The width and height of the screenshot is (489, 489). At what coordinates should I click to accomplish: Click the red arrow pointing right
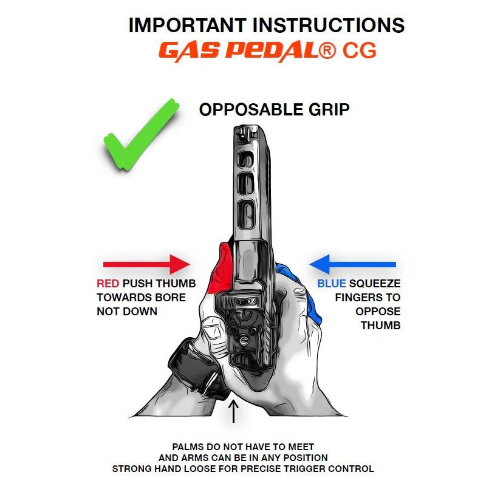tap(146, 264)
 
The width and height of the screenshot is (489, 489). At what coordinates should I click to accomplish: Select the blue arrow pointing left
tap(352, 264)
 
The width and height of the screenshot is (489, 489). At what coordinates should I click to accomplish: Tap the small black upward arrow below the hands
tap(233, 412)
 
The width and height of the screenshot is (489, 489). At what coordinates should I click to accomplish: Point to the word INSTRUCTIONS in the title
tap(329, 26)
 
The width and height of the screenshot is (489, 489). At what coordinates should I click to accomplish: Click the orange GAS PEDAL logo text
tap(239, 51)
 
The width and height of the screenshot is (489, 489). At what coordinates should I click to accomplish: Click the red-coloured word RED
tap(108, 284)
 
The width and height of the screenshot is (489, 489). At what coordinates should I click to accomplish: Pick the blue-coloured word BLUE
tap(332, 284)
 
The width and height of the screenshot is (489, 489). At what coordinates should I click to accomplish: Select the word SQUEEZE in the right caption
tap(375, 284)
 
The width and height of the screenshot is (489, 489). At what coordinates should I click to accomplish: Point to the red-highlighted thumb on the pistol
tap(222, 269)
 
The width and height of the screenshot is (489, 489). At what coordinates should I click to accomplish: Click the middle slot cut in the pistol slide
tap(246, 185)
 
